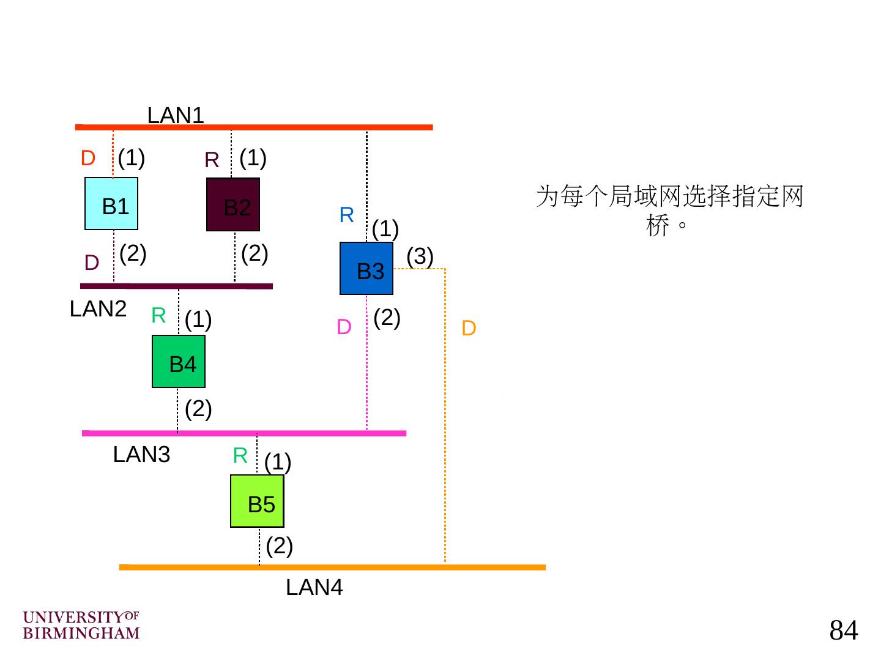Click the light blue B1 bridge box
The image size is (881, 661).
click(111, 204)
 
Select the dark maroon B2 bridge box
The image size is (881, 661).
click(233, 204)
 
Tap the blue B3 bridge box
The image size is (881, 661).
click(366, 269)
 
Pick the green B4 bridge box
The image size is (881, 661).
click(179, 362)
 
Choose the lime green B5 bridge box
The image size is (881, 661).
click(257, 501)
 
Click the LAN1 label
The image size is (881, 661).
click(176, 115)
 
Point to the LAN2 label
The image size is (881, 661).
click(98, 309)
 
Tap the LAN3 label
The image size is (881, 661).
click(141, 455)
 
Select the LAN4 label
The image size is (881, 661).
click(314, 588)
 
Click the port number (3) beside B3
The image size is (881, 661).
click(420, 256)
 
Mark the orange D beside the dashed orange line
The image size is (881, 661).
click(469, 329)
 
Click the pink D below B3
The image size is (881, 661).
click(344, 327)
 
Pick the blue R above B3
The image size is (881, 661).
click(346, 215)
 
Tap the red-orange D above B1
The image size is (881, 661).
click(88, 158)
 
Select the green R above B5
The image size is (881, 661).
click(240, 455)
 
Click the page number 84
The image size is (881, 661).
click(844, 630)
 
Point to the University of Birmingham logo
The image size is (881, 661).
click(81, 625)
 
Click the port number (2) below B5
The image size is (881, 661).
click(280, 545)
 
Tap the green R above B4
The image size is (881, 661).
click(158, 315)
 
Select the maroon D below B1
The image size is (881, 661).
click(92, 263)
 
